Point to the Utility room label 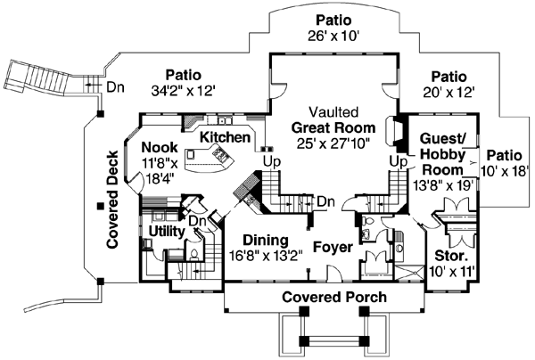point(166,231)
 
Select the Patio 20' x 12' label point(448,84)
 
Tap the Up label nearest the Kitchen point(267,161)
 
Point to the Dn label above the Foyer point(326,200)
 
